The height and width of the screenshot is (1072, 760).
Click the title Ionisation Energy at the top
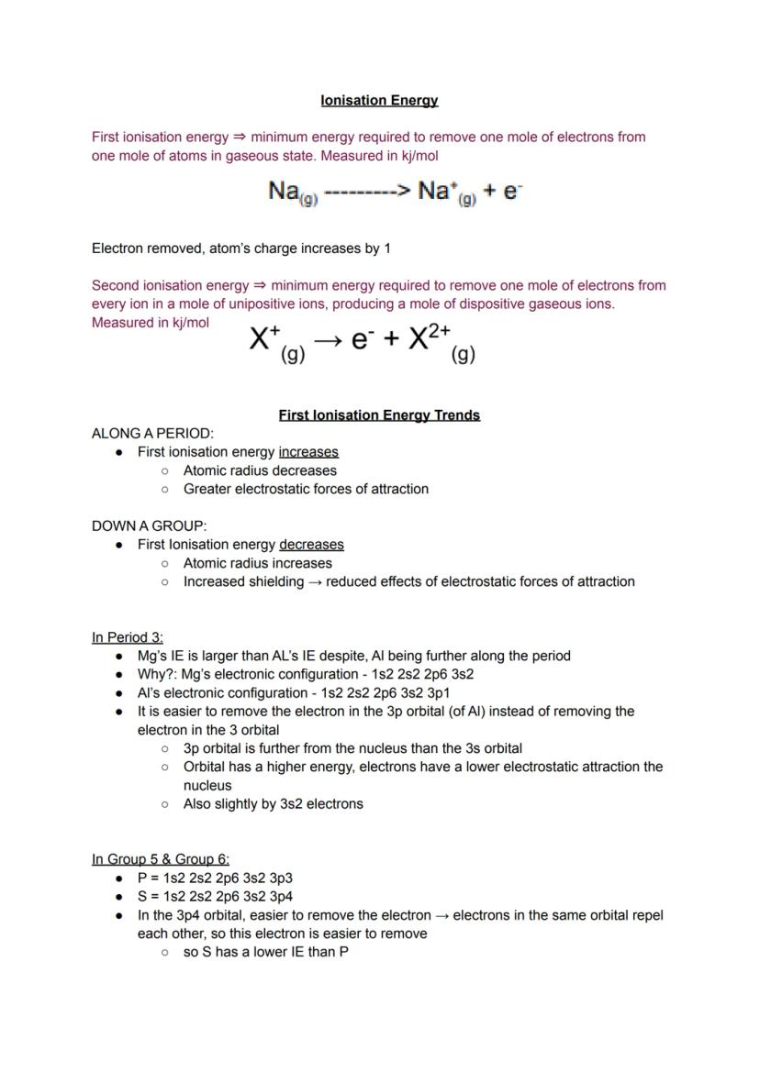click(x=379, y=100)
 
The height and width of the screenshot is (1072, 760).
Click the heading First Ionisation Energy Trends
click(x=379, y=415)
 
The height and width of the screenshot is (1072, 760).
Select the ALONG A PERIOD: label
click(x=152, y=433)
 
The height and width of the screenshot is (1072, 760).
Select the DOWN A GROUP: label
click(x=149, y=526)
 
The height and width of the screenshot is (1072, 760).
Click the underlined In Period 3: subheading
click(x=128, y=637)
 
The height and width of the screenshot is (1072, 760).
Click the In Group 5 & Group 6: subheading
click(x=161, y=859)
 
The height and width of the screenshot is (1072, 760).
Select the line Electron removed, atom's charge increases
click(x=241, y=249)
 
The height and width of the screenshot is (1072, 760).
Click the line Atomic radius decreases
click(x=260, y=470)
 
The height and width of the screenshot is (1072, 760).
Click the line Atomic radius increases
click(x=258, y=563)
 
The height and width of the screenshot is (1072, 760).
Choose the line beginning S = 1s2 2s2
click(x=215, y=896)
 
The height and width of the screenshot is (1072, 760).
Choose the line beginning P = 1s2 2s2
click(x=215, y=878)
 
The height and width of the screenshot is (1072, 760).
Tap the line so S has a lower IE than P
click(x=265, y=952)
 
